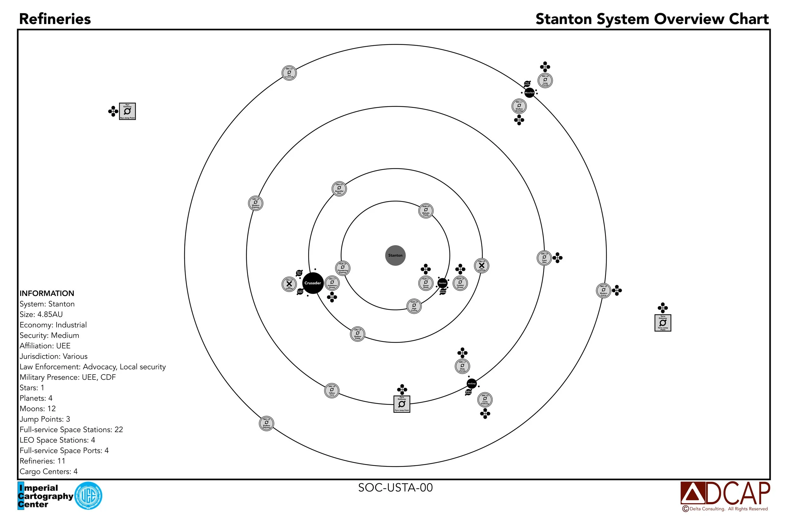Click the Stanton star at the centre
(x=395, y=255)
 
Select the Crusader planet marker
(x=313, y=283)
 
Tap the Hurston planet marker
(x=442, y=283)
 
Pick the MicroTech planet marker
(x=529, y=92)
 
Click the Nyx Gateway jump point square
(x=127, y=111)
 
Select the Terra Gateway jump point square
(x=663, y=323)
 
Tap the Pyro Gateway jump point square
(x=402, y=404)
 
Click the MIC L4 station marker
(x=289, y=73)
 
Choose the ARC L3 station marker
(x=256, y=203)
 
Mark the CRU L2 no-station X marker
(x=289, y=284)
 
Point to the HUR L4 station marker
(x=426, y=211)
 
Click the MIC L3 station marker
(x=266, y=423)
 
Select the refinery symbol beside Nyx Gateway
(x=113, y=111)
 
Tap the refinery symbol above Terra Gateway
(x=663, y=307)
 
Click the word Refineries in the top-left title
(x=55, y=19)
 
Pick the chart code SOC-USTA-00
(x=395, y=488)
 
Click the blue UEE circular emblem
(x=88, y=496)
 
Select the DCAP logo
(x=725, y=494)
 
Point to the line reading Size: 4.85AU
(x=41, y=314)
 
